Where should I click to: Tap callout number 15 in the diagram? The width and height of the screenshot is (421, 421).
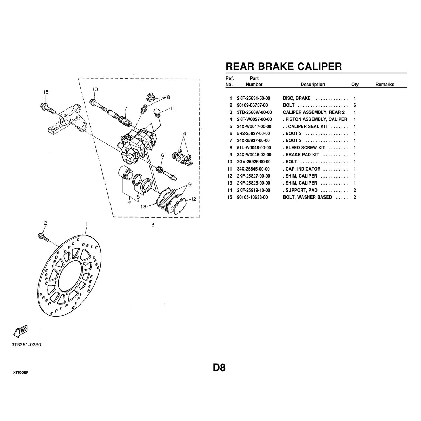[x=46, y=92]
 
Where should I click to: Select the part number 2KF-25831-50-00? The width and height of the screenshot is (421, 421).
[x=253, y=98]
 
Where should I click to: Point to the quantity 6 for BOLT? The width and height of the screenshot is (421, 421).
[x=355, y=105]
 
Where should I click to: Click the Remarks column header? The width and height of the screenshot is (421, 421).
[x=385, y=85]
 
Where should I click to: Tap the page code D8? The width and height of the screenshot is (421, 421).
[x=219, y=368]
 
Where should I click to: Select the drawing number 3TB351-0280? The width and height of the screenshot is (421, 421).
[x=26, y=345]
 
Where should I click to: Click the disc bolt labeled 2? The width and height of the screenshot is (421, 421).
[x=43, y=237]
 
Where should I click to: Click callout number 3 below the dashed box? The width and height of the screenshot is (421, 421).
[x=153, y=225]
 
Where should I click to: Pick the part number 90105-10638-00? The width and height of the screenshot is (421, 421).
[x=252, y=197]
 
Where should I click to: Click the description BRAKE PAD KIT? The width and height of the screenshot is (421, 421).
[x=302, y=155]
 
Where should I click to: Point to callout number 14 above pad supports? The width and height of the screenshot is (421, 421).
[x=183, y=133]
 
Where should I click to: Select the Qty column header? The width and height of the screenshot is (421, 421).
[x=355, y=85]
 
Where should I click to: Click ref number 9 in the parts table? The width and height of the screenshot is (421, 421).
[x=231, y=155]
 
